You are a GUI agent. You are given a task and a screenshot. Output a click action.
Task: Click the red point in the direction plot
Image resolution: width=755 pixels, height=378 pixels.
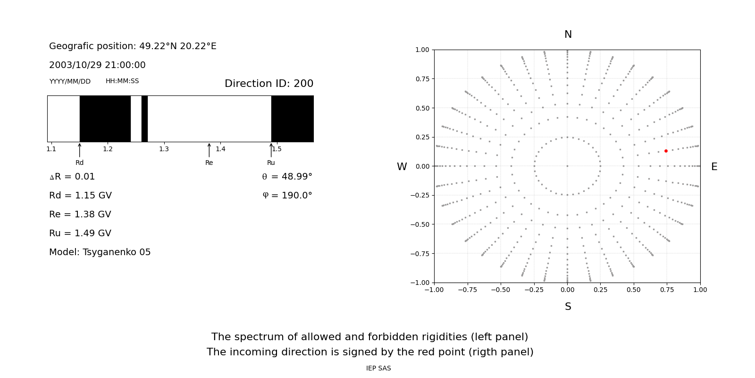click(x=666, y=151)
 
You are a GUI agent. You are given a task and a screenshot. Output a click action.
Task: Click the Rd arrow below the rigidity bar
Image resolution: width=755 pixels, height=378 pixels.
click(x=80, y=150)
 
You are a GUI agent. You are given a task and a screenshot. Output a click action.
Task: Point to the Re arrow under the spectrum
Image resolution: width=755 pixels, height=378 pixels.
click(x=209, y=150)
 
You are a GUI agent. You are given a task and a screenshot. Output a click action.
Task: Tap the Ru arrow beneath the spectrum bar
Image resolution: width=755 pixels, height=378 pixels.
click(x=271, y=150)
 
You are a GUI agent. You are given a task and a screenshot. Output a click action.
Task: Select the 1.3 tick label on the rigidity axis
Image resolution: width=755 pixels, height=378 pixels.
click(x=164, y=149)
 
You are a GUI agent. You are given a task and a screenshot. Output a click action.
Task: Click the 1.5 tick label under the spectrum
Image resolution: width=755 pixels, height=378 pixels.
click(x=277, y=149)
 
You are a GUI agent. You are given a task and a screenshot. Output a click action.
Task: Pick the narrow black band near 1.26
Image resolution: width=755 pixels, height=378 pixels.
click(x=144, y=119)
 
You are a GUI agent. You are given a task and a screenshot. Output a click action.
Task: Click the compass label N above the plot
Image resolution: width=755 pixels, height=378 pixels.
click(x=568, y=34)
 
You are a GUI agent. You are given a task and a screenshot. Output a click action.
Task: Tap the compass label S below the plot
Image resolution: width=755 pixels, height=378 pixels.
click(x=568, y=307)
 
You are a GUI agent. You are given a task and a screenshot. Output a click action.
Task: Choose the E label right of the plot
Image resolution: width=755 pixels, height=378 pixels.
click(x=714, y=167)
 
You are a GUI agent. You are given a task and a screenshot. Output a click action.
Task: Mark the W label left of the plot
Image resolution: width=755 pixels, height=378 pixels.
click(x=402, y=167)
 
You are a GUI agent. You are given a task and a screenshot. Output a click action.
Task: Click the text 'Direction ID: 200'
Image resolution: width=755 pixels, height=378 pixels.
click(x=269, y=84)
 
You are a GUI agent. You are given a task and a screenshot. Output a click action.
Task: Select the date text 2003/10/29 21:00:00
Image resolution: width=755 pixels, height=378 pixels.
click(x=97, y=65)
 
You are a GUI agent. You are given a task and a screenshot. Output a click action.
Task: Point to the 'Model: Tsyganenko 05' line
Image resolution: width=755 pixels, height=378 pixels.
click(x=100, y=252)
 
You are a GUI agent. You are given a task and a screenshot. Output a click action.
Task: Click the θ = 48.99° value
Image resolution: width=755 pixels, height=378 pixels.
click(x=287, y=177)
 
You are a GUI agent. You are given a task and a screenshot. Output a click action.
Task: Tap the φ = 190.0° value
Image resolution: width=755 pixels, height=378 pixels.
click(x=287, y=196)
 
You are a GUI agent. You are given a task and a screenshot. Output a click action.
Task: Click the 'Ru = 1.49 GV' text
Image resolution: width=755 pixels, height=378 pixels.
click(x=80, y=233)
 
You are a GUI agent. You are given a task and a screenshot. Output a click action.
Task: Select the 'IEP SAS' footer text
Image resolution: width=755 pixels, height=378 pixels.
click(x=378, y=369)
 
